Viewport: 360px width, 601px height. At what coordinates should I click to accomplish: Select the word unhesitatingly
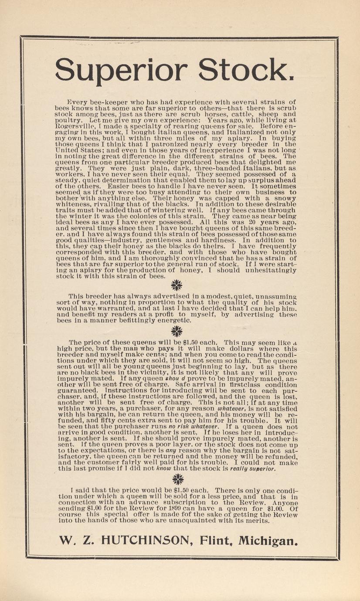[265, 270]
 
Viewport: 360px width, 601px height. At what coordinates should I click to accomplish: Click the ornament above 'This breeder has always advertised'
[177, 285]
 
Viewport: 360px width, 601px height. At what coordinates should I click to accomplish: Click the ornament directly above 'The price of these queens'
[177, 331]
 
